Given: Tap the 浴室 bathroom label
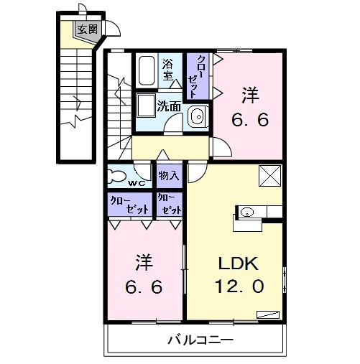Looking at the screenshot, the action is click(x=168, y=70).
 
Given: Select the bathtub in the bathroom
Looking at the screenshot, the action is click(x=147, y=70).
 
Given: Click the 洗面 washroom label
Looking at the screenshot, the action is click(x=169, y=107).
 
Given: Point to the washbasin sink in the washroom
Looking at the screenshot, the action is click(x=198, y=116).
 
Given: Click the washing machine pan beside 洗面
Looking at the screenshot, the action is click(x=146, y=106).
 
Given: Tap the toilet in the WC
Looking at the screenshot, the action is click(x=116, y=177).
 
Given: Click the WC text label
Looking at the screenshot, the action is click(x=137, y=184).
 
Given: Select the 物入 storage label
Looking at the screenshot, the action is click(x=169, y=176).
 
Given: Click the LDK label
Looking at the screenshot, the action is click(x=238, y=263).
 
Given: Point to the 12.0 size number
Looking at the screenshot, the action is click(x=240, y=286).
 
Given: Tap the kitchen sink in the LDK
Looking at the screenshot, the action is click(x=246, y=212).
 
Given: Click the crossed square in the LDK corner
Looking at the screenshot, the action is click(x=269, y=176).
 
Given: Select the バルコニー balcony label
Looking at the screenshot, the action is click(x=200, y=340).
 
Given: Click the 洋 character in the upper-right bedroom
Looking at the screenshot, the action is click(x=250, y=95).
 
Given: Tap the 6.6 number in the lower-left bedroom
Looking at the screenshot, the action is click(x=144, y=286).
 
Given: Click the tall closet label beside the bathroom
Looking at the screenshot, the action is click(x=197, y=77).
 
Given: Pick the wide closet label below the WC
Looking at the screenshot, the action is click(x=129, y=205).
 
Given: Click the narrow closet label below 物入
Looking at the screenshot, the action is click(x=170, y=204).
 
